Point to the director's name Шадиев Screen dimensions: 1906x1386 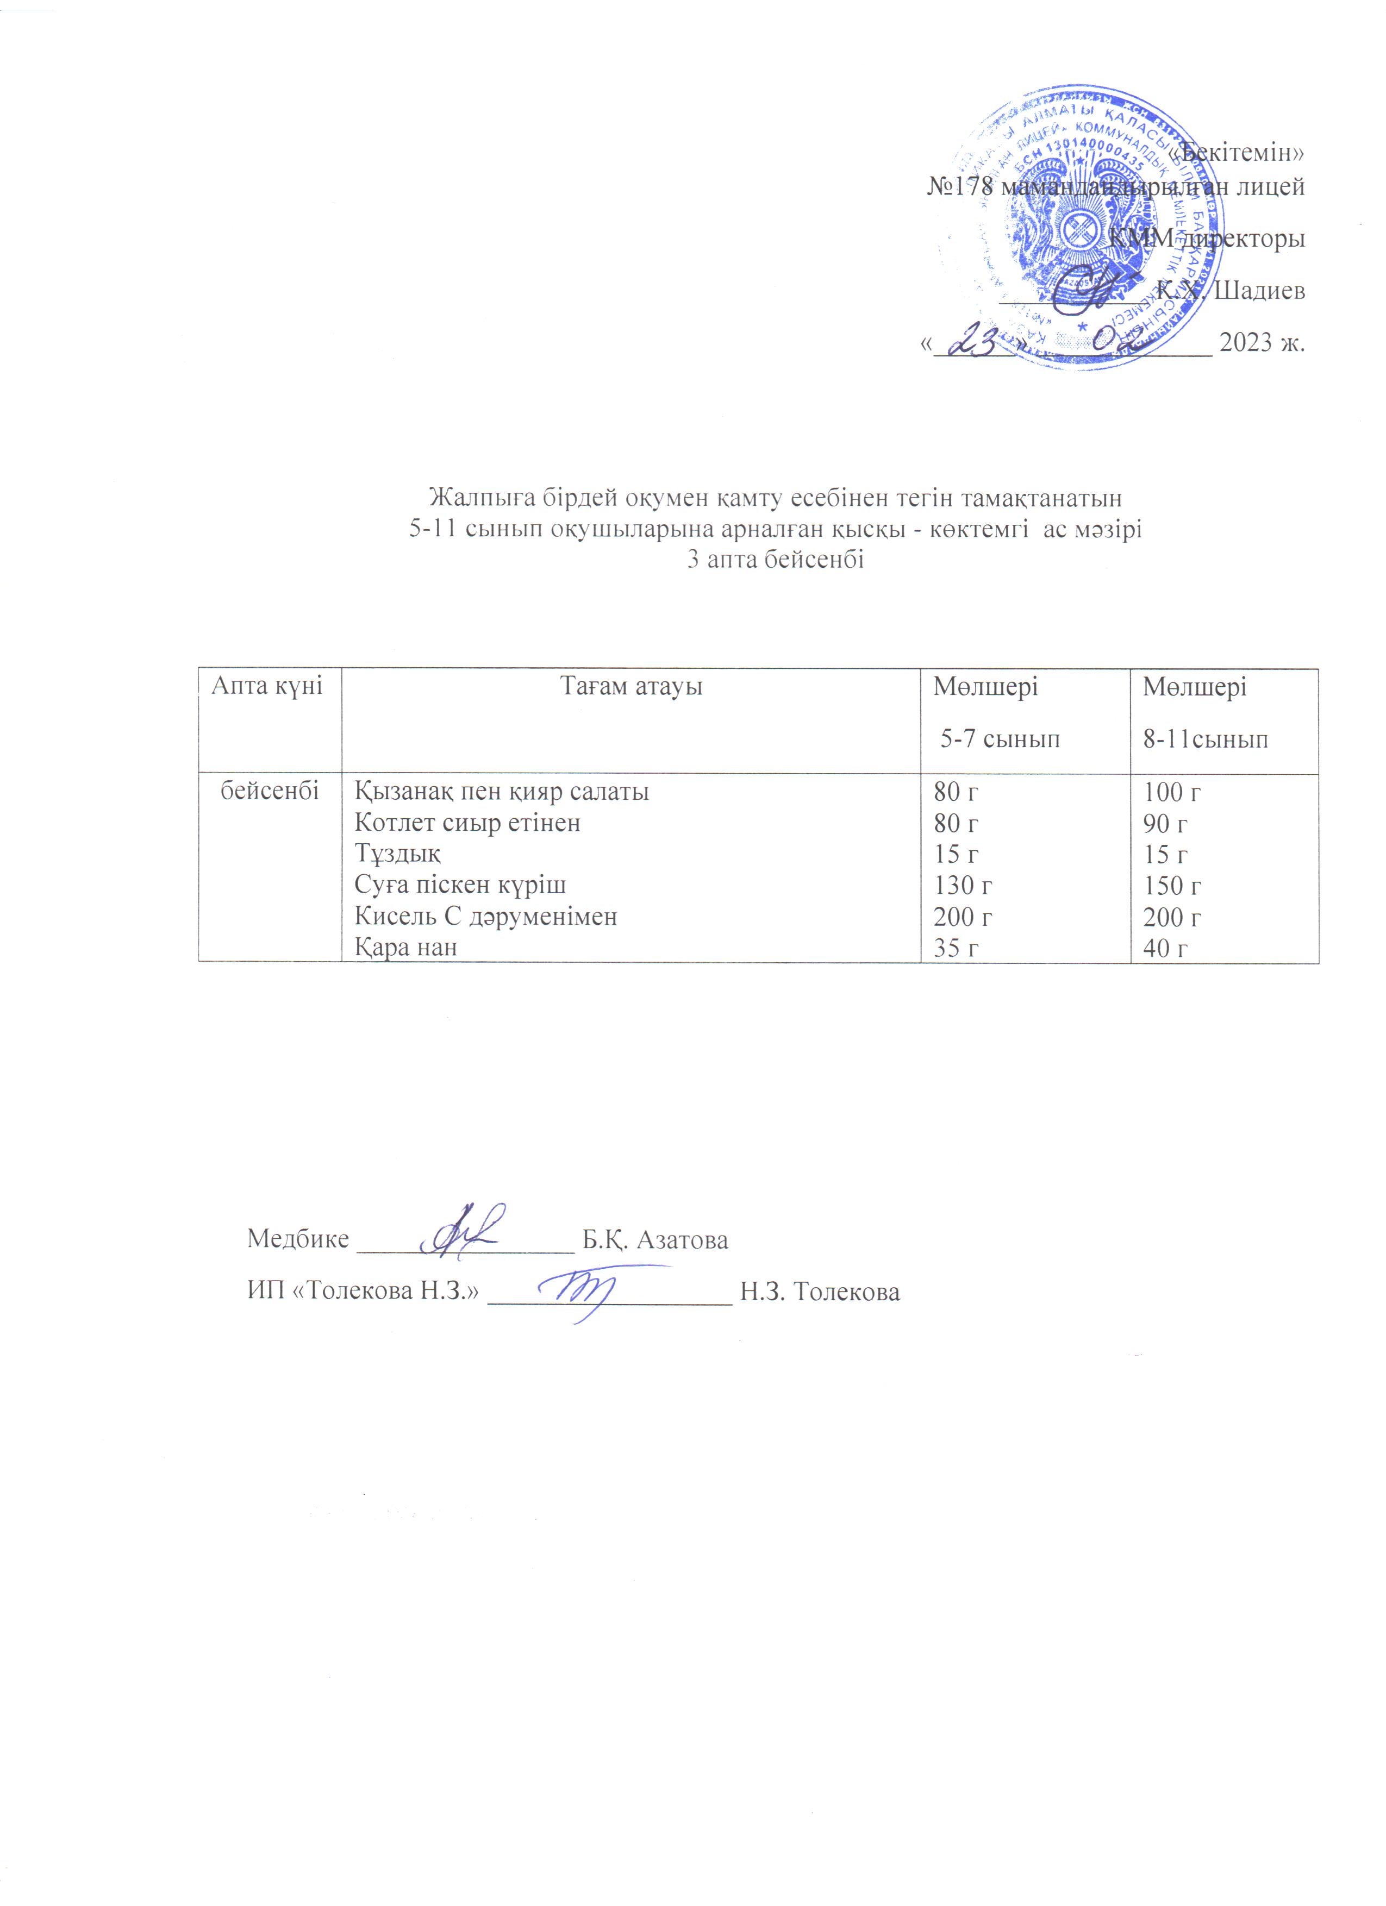pyautogui.click(x=1260, y=291)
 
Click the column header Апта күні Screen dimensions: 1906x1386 pyautogui.click(x=266, y=686)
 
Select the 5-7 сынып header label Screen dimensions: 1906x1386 pyautogui.click(x=1000, y=739)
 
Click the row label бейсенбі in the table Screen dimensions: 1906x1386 pyautogui.click(x=269, y=791)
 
